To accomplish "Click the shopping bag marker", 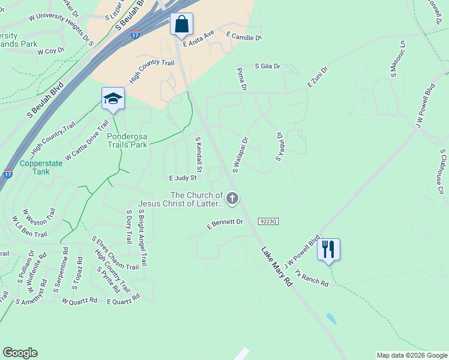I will click(181, 25).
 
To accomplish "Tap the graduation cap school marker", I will click(112, 100).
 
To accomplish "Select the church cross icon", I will click(232, 198).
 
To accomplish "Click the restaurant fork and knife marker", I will click(328, 249).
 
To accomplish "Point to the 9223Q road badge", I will click(268, 221).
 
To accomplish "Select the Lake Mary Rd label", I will click(276, 265).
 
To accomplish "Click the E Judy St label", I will click(182, 178).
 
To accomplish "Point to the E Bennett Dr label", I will click(224, 224).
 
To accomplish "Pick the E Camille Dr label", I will click(244, 37).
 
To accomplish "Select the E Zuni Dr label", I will click(319, 77).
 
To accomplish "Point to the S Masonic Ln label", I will click(394, 59).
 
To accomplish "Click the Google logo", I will click(20, 353).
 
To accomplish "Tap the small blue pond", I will click(331, 318).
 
